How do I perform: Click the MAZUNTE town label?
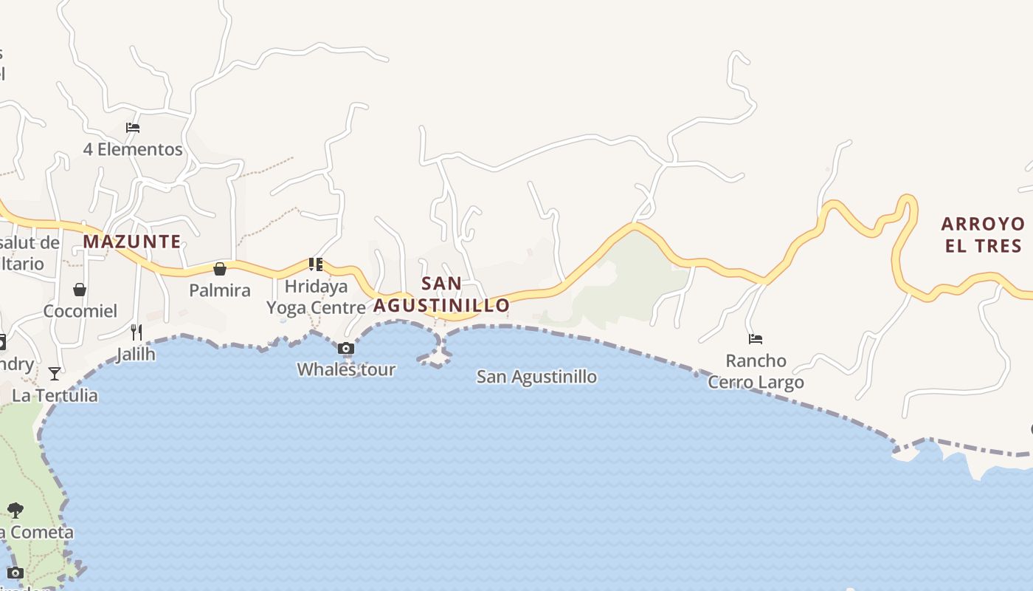tap(132, 242)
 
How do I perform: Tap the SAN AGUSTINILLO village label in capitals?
tap(441, 294)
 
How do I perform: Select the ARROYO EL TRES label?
tap(984, 234)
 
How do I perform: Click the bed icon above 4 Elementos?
tap(133, 128)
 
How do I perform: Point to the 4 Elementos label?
tap(133, 149)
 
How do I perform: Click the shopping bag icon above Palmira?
tap(219, 269)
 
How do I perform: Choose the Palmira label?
tap(220, 290)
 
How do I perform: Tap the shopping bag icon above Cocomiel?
tap(80, 290)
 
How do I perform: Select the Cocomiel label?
tap(80, 311)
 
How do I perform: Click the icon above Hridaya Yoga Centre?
tap(316, 264)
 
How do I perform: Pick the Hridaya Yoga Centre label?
tap(316, 297)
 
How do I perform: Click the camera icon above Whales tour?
tap(345, 349)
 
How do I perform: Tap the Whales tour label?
tap(346, 369)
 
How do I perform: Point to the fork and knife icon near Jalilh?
tap(137, 332)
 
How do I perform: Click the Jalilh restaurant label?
tap(137, 355)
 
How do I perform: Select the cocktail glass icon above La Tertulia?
tap(55, 374)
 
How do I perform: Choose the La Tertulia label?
tap(55, 395)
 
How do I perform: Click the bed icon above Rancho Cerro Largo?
tap(756, 340)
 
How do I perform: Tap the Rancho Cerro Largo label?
tap(756, 372)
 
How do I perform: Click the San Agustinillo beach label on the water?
tap(536, 377)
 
